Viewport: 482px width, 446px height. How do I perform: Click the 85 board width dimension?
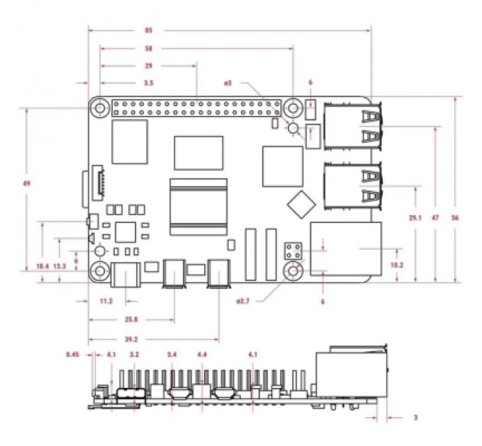(x=149, y=30)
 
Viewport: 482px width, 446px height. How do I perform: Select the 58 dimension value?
(x=149, y=49)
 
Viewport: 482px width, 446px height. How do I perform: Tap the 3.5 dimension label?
(x=149, y=84)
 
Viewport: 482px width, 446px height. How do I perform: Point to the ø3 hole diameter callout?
(x=228, y=84)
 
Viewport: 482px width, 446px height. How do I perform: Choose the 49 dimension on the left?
(x=26, y=183)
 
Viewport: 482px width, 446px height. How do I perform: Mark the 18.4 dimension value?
(x=42, y=265)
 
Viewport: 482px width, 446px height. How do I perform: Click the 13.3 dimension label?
(x=60, y=265)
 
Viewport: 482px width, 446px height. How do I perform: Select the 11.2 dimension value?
(x=106, y=302)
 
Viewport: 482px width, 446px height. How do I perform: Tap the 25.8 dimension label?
(x=131, y=319)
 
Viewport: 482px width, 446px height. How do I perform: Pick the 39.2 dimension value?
(x=149, y=338)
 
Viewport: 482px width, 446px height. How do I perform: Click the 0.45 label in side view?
(x=71, y=354)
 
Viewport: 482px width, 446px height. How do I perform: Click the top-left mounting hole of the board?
(x=101, y=108)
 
